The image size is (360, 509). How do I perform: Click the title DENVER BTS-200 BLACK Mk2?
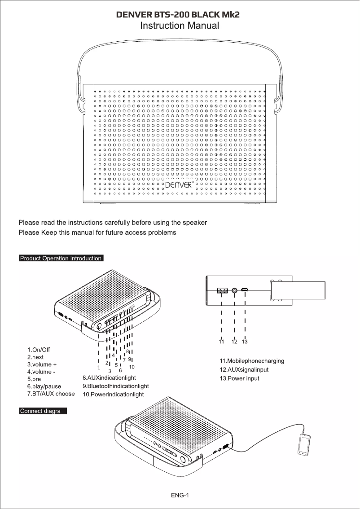pos(178,15)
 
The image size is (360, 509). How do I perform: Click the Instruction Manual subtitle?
pos(180,26)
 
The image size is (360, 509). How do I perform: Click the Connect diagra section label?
pos(43,411)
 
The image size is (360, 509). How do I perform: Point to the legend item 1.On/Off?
pos(39,350)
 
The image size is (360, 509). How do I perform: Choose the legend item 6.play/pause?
pos(44,386)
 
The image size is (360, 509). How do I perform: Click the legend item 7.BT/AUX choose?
pos(51,394)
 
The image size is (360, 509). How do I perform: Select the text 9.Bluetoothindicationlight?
pos(115,386)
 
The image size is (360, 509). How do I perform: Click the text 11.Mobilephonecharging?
pos(251,361)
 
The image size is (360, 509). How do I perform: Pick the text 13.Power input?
pos(239,379)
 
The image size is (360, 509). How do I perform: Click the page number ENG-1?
pos(180,496)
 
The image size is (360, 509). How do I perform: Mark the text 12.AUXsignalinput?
pos(244,370)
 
